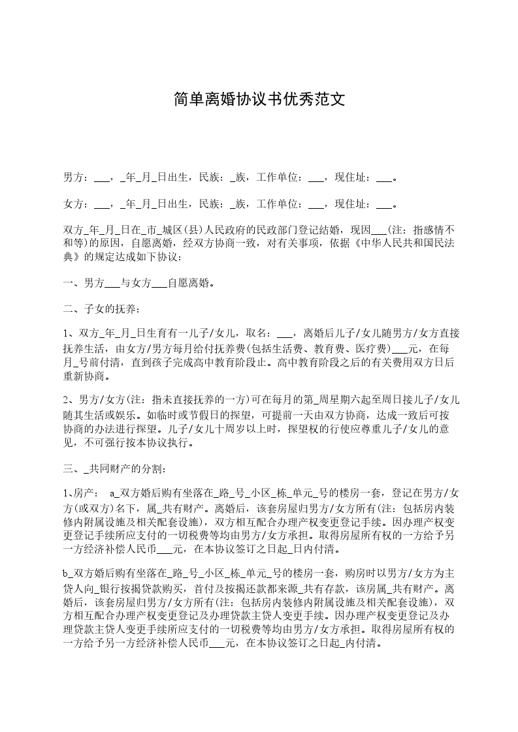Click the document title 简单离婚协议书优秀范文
click(x=259, y=99)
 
